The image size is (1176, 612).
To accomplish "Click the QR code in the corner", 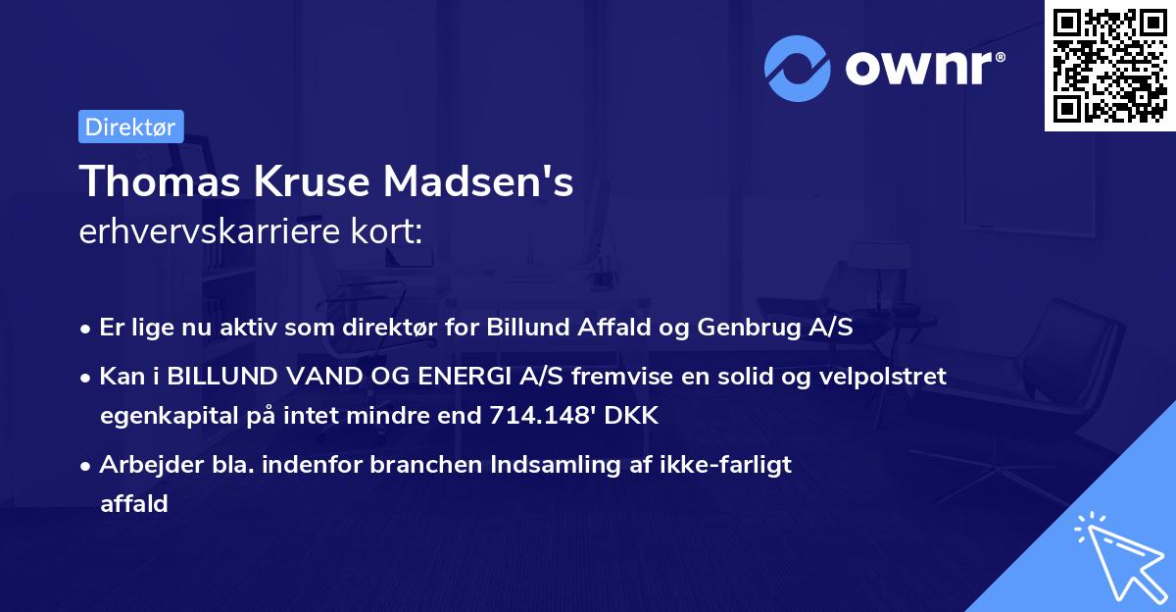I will click(x=1108, y=66).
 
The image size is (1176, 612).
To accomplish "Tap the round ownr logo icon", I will click(x=798, y=68).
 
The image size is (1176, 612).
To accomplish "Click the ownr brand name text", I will click(x=922, y=69).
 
